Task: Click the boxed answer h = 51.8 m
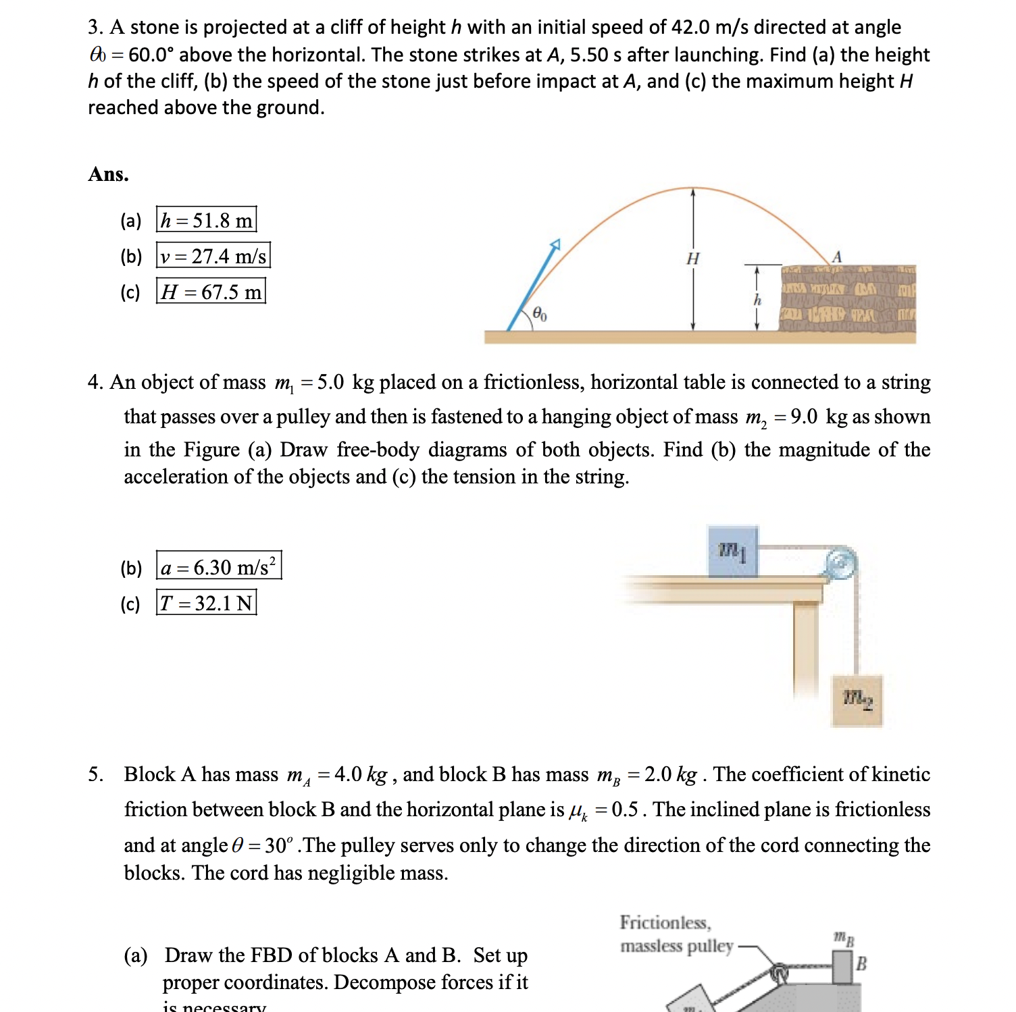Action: tap(206, 220)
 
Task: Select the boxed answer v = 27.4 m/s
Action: tap(213, 256)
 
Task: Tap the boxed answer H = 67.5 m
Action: tap(210, 292)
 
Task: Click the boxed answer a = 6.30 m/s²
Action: tap(218, 566)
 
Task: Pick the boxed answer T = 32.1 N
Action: tap(206, 602)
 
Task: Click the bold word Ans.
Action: tap(108, 174)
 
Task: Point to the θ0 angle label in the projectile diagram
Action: tap(539, 313)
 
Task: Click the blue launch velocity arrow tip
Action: tap(555, 244)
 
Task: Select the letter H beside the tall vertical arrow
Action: tap(692, 259)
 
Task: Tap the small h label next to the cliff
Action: tap(757, 300)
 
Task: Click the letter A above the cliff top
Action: tap(836, 257)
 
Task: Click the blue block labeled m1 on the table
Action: tap(733, 552)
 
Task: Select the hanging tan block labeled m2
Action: tap(857, 700)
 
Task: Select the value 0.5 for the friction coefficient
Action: tap(624, 809)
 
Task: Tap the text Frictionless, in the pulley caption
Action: tap(665, 922)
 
